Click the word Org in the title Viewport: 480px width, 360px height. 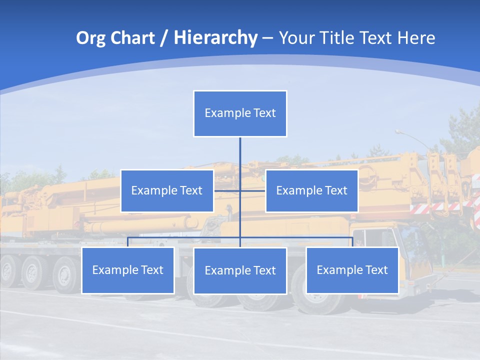point(90,38)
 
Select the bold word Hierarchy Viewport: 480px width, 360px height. point(215,38)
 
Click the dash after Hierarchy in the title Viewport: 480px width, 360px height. point(267,38)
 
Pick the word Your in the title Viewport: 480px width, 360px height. point(296,38)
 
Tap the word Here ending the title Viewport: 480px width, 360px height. point(416,38)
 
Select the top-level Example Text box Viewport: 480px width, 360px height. point(240,113)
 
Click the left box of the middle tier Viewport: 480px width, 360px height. point(167,190)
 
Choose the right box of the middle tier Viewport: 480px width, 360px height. point(311,190)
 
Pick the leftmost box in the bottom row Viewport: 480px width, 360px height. point(127,270)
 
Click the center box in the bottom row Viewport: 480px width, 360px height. point(240,270)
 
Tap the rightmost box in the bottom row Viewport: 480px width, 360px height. point(352,270)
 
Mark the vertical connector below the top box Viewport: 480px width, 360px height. point(240,155)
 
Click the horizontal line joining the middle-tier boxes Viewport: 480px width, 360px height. point(227,190)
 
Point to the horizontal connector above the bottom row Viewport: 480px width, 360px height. point(185,238)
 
